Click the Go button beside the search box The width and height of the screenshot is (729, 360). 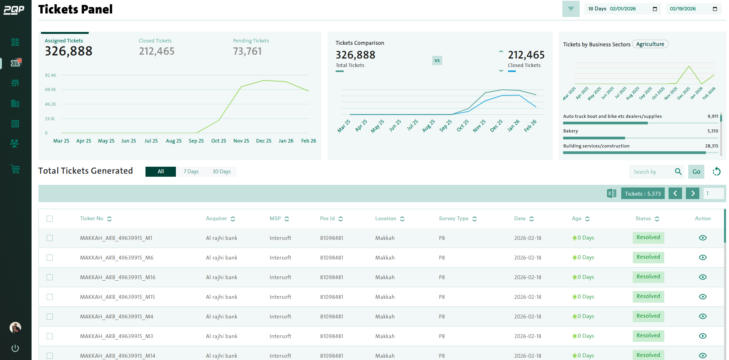point(696,172)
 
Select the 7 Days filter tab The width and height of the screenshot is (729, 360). point(191,172)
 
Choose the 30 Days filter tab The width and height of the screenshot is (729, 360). point(221,172)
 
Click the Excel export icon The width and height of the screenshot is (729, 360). point(611,193)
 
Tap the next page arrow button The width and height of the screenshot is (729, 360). point(692,193)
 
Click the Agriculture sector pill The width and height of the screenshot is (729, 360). point(650,44)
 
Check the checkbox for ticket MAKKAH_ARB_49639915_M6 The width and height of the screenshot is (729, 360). point(50,258)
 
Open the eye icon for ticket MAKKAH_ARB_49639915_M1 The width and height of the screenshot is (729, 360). point(702,238)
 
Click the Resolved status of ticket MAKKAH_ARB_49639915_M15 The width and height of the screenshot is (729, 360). point(648,296)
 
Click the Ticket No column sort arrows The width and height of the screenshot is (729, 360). point(109,219)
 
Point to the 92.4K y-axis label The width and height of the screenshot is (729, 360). point(50,75)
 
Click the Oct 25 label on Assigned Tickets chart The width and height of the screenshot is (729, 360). point(219,141)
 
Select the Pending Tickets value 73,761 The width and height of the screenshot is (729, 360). point(247,51)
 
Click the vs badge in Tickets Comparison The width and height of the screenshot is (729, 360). point(437,60)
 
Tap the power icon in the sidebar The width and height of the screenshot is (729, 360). point(15,348)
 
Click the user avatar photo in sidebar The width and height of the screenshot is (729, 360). point(15,328)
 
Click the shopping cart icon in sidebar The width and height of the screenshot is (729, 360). point(15,169)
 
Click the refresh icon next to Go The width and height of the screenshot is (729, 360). point(716,172)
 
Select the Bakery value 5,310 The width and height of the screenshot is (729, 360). point(712,131)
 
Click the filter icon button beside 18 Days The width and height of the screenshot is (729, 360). point(570,9)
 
